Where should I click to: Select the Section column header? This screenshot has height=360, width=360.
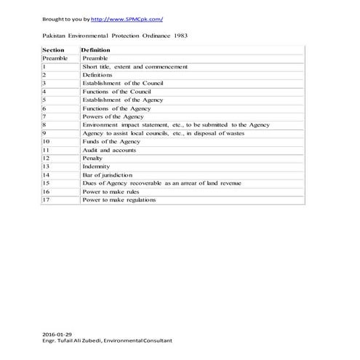coord(54,49)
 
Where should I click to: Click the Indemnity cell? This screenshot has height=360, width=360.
coord(96,167)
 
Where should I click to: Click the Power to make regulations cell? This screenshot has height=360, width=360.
coord(119,200)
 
